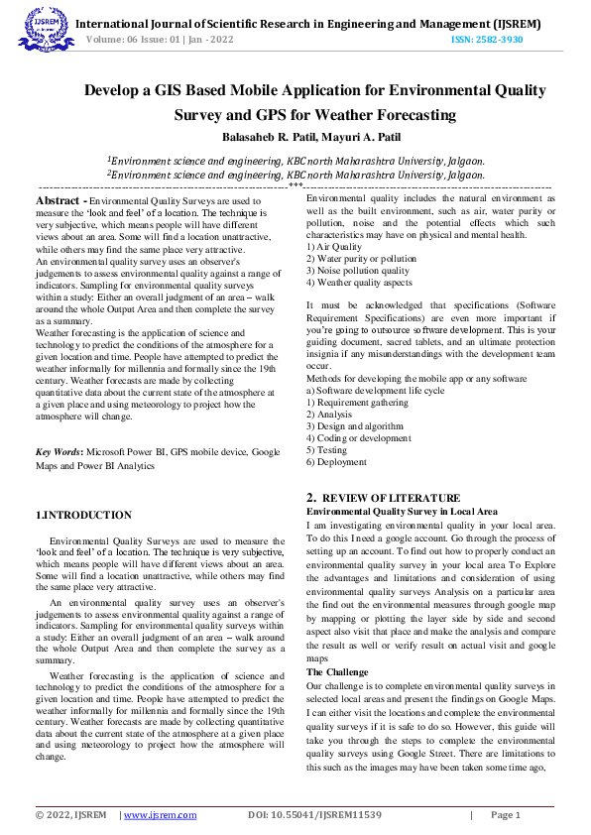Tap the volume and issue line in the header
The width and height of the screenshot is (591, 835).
[x=161, y=40]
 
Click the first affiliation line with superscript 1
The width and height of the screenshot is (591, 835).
[x=295, y=160]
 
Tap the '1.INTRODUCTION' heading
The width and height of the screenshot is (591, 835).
[x=83, y=515]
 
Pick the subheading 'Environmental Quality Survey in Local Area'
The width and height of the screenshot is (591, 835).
[x=402, y=511]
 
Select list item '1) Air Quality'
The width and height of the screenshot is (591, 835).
[x=334, y=246]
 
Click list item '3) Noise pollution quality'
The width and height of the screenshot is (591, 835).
[x=357, y=270]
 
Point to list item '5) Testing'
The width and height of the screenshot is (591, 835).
[x=326, y=449]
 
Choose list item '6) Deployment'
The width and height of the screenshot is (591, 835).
[x=336, y=461]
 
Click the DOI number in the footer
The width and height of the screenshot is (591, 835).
[x=314, y=814]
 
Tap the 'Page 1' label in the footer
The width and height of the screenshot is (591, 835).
[x=505, y=814]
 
